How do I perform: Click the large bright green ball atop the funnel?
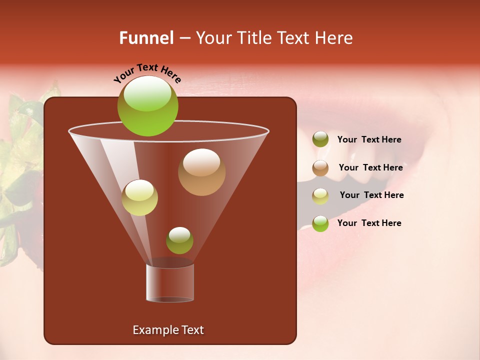[x=147, y=106]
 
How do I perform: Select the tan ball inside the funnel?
[x=201, y=171]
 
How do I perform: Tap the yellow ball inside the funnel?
[x=139, y=197]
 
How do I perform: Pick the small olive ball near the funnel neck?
[x=179, y=240]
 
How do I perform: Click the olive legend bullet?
[x=320, y=139]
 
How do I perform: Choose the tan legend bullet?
[x=320, y=168]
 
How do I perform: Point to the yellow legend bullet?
[x=320, y=196]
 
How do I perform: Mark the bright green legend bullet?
[x=320, y=223]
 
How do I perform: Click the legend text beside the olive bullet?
[x=369, y=140]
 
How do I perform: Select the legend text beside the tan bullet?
[x=370, y=167]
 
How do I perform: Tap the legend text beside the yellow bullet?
[x=371, y=195]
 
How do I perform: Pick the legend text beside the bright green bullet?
[x=369, y=223]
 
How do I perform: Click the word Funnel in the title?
[x=146, y=38]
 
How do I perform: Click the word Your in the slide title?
[x=212, y=38]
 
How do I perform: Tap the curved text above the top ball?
[x=147, y=73]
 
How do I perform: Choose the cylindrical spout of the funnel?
[x=170, y=282]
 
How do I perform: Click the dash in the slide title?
[x=184, y=38]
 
